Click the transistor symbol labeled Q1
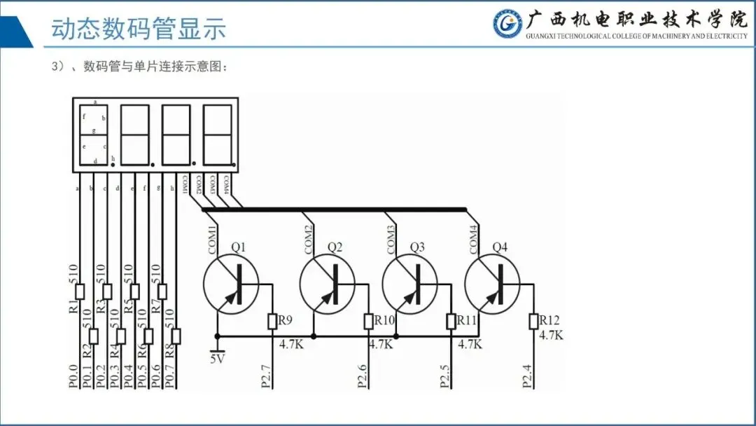click(231, 284)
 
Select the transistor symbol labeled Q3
click(409, 284)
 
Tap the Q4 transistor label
click(500, 247)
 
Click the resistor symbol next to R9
click(272, 321)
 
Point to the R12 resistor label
click(549, 320)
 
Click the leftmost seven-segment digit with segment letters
click(94, 134)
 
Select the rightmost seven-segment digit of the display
click(217, 134)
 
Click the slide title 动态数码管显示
click(139, 29)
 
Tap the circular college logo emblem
click(507, 25)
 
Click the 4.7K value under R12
click(551, 335)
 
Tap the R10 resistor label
click(385, 320)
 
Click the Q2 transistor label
click(335, 247)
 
